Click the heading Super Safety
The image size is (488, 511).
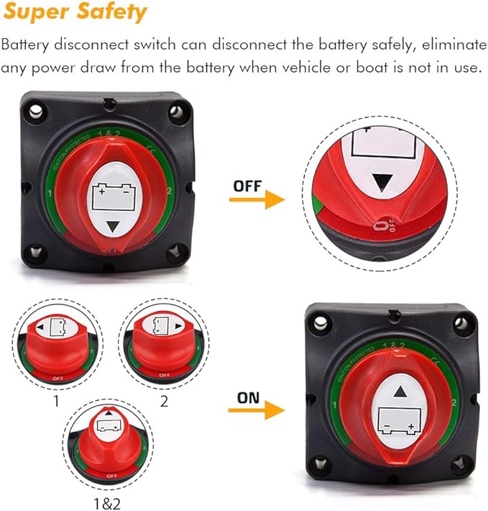[75, 12]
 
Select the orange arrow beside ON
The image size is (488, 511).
[257, 410]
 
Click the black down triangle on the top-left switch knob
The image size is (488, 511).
[112, 228]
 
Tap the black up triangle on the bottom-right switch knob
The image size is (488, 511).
[400, 392]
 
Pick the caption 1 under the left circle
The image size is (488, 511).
[56, 402]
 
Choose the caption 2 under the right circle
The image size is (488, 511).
[164, 402]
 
